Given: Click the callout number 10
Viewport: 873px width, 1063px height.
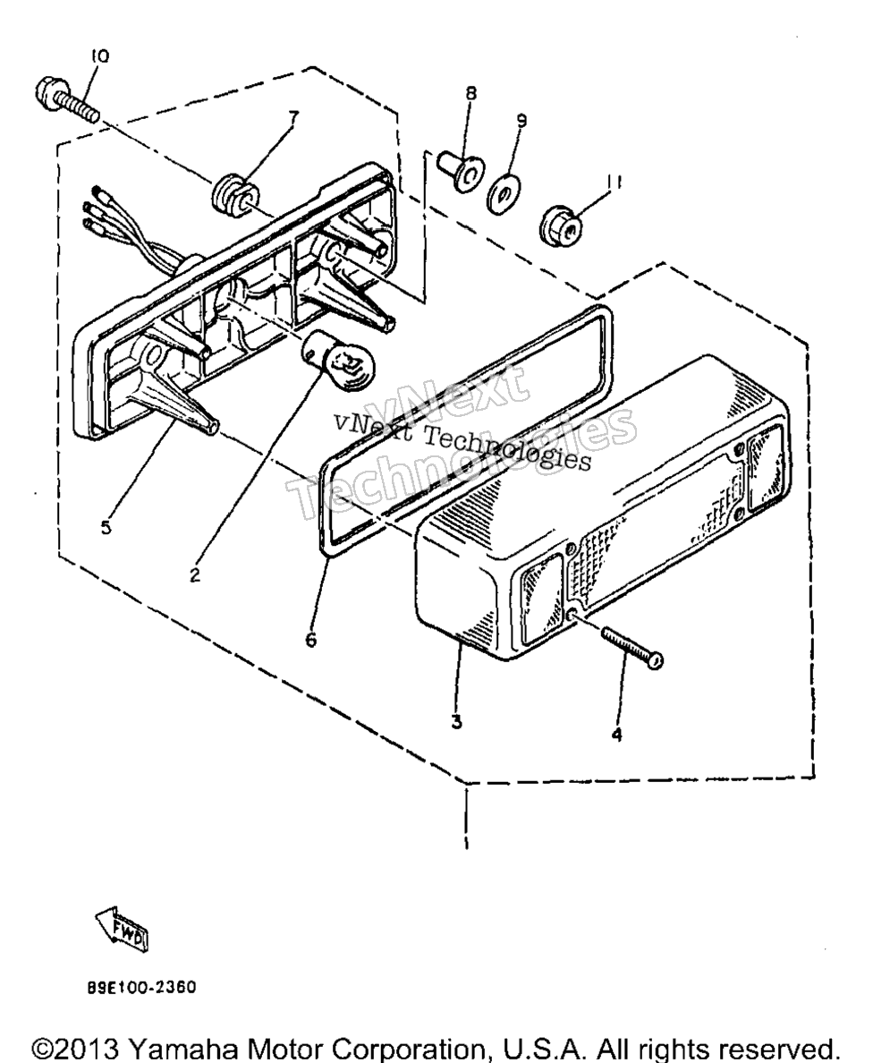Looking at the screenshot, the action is pyautogui.click(x=99, y=56).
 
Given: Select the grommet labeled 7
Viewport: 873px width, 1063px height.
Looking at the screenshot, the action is pyautogui.click(x=233, y=191).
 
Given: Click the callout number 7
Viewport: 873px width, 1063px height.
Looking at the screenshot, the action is pyautogui.click(x=292, y=116).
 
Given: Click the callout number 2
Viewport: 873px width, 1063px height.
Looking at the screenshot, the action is pyautogui.click(x=195, y=575).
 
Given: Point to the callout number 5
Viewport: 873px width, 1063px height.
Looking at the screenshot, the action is pyautogui.click(x=106, y=527).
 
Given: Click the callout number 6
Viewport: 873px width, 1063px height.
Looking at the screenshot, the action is pyautogui.click(x=310, y=639).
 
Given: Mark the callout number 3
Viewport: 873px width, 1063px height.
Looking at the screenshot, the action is pyautogui.click(x=457, y=722).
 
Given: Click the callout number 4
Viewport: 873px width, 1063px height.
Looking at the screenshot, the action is pyautogui.click(x=616, y=735).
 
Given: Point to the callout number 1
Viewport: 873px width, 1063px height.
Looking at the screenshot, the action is pyautogui.click(x=467, y=844).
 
